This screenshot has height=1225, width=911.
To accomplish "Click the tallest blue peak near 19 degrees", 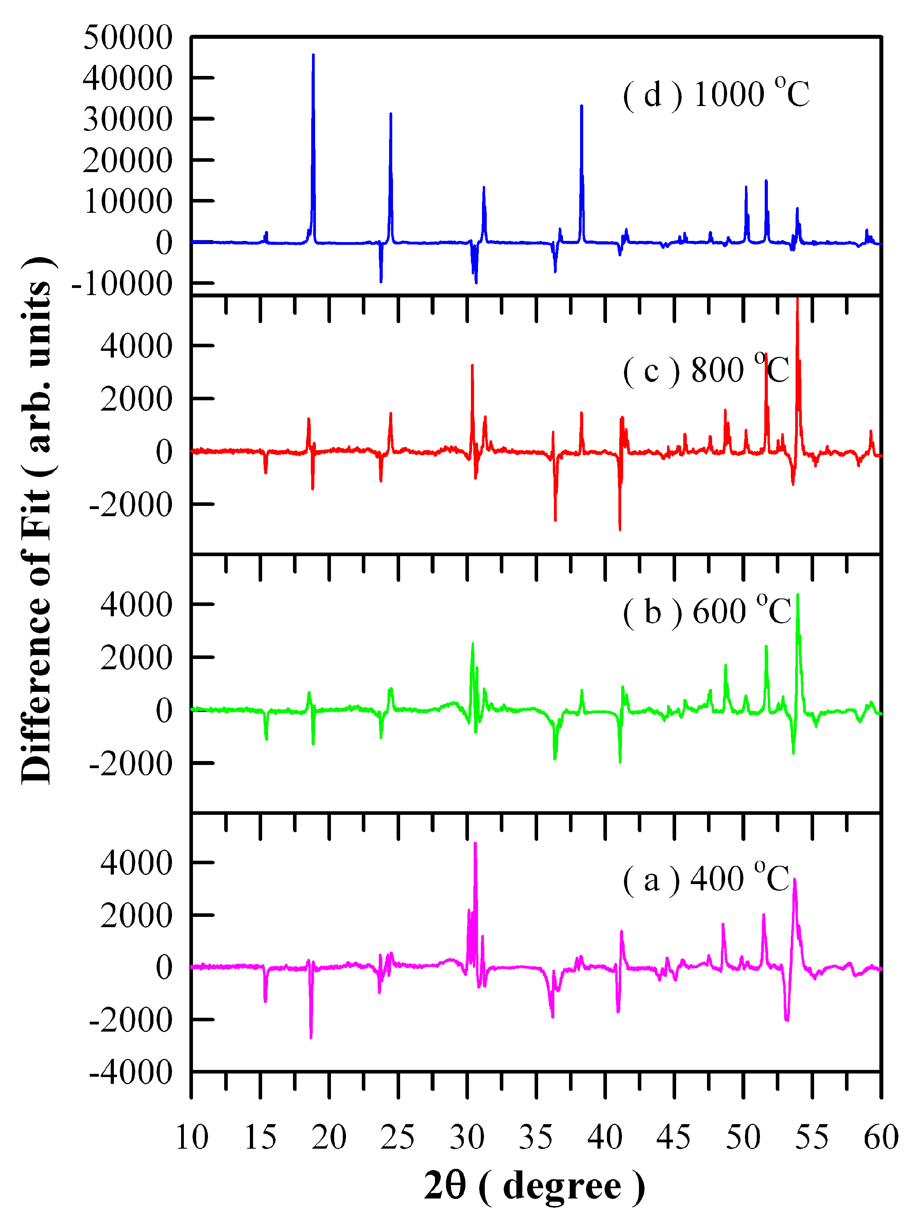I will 313,58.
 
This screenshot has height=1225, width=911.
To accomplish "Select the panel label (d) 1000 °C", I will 716,94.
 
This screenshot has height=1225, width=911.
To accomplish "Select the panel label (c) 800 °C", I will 706,370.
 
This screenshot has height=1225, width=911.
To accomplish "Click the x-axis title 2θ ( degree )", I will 534,1186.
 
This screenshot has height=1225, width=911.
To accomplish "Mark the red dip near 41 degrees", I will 620,527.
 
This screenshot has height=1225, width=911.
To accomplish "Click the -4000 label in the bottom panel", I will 131,1073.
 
